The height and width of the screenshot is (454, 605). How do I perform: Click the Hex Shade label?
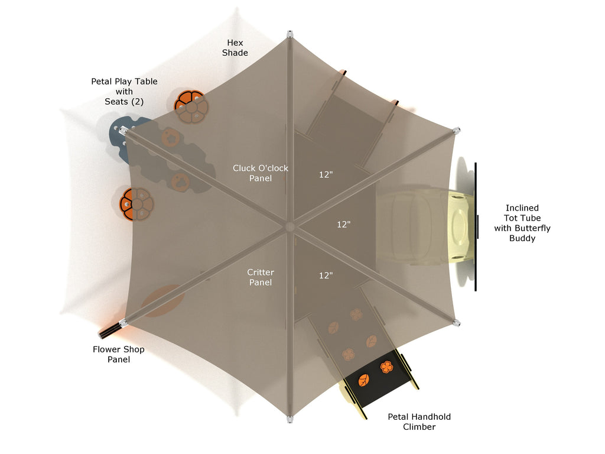(235, 48)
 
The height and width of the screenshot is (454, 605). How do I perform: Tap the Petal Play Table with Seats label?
(124, 92)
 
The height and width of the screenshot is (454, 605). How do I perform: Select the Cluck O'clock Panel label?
(261, 173)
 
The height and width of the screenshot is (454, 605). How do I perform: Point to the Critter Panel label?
(261, 277)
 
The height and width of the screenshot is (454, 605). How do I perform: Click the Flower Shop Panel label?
(119, 354)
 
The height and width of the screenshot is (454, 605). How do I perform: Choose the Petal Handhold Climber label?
(419, 421)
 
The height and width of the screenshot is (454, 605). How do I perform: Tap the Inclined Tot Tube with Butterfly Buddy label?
(522, 223)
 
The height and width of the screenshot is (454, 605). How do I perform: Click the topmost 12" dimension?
(326, 175)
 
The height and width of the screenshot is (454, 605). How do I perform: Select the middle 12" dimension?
(344, 225)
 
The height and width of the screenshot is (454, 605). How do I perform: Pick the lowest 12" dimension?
(326, 275)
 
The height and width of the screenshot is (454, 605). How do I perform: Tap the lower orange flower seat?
(137, 203)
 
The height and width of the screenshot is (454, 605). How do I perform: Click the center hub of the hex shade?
(290, 226)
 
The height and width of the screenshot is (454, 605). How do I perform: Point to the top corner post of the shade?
(290, 34)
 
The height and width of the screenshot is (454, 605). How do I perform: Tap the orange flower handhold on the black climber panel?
(386, 367)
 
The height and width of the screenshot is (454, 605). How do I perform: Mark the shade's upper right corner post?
(456, 130)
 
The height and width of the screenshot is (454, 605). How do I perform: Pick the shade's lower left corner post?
(123, 323)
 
